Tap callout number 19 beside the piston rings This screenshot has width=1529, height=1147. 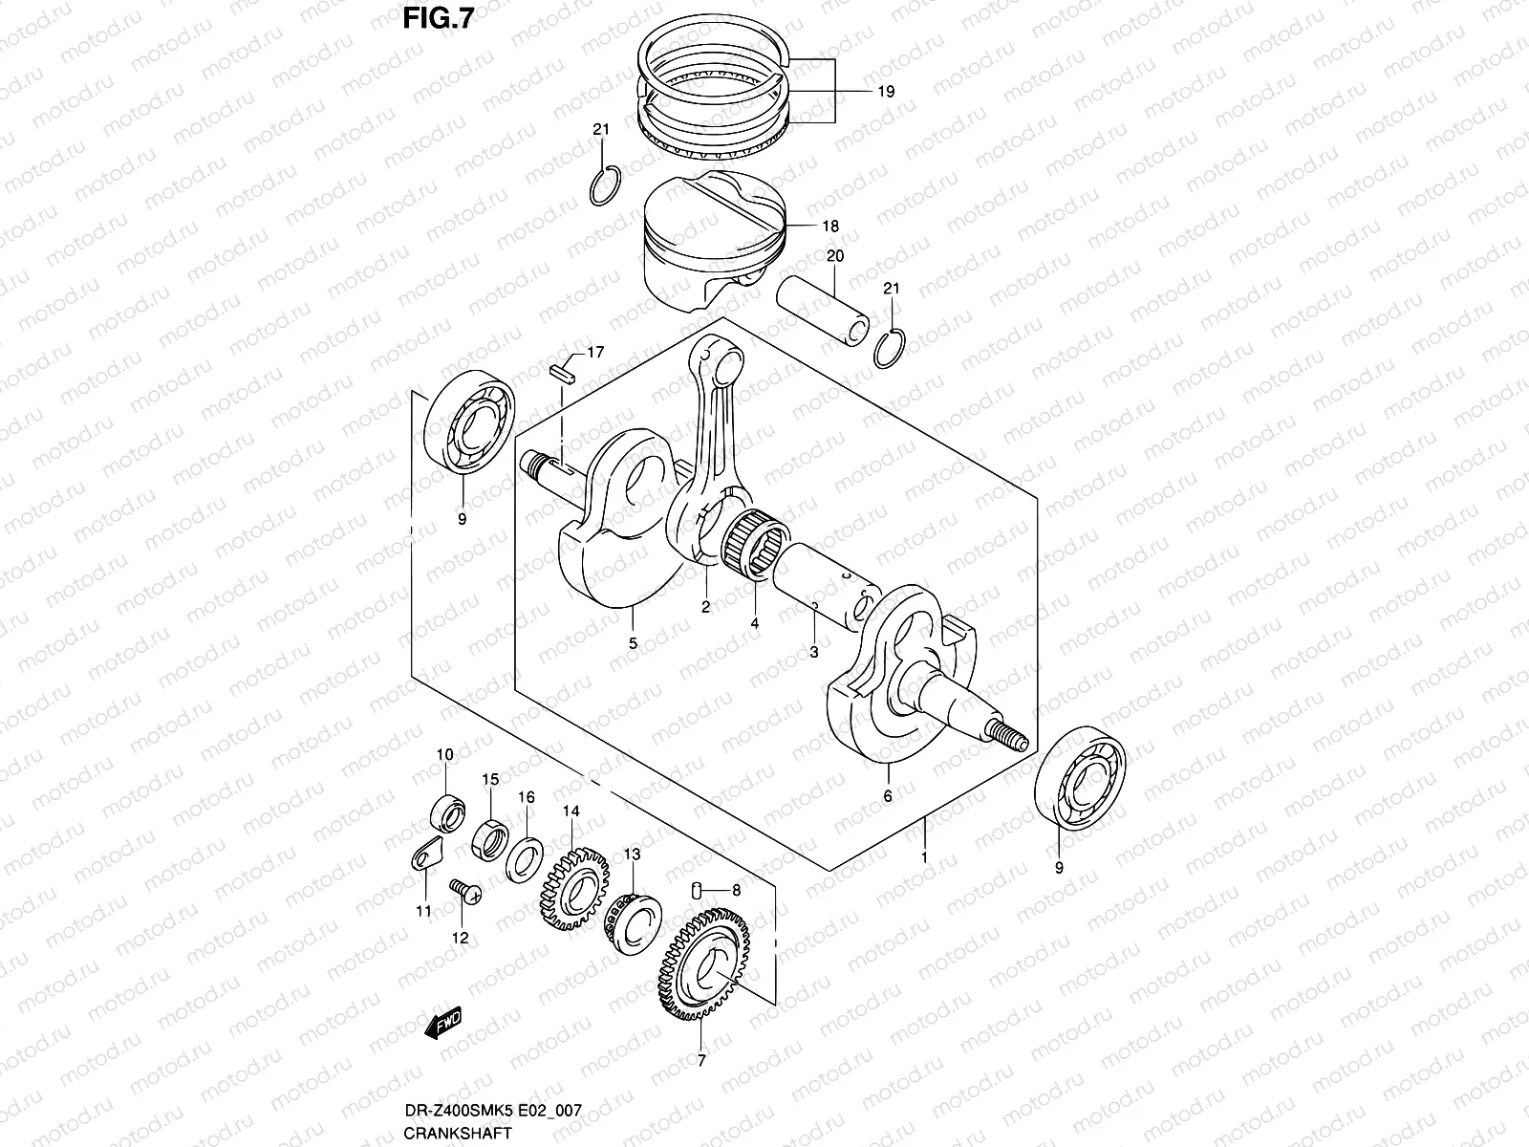click(x=885, y=92)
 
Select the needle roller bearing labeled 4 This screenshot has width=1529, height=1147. click(x=754, y=546)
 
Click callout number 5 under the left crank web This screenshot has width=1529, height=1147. click(x=633, y=643)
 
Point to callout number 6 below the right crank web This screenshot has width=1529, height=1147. click(x=887, y=795)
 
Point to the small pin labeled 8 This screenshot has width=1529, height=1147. click(x=698, y=890)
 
